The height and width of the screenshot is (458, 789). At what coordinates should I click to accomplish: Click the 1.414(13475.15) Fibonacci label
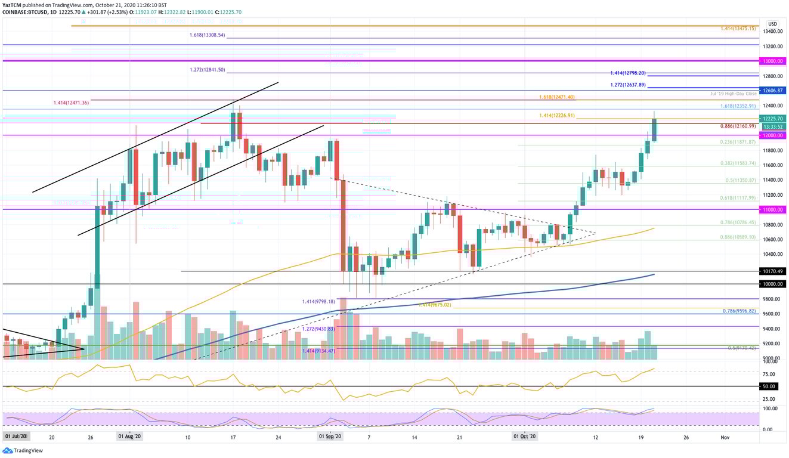(x=738, y=27)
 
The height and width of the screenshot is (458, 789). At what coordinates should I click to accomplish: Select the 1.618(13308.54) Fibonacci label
(x=205, y=35)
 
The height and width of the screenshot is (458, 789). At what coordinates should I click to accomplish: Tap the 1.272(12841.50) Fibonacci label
(x=205, y=70)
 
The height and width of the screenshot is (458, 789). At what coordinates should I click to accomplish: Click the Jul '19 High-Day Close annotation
(x=734, y=94)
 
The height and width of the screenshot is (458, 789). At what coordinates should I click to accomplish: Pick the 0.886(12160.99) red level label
(x=737, y=126)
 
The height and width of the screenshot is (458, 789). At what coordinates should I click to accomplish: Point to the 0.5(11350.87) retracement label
(x=737, y=180)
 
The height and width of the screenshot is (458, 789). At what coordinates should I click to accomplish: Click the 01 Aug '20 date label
(x=130, y=437)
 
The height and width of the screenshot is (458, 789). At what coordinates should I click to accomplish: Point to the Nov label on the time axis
(x=725, y=437)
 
